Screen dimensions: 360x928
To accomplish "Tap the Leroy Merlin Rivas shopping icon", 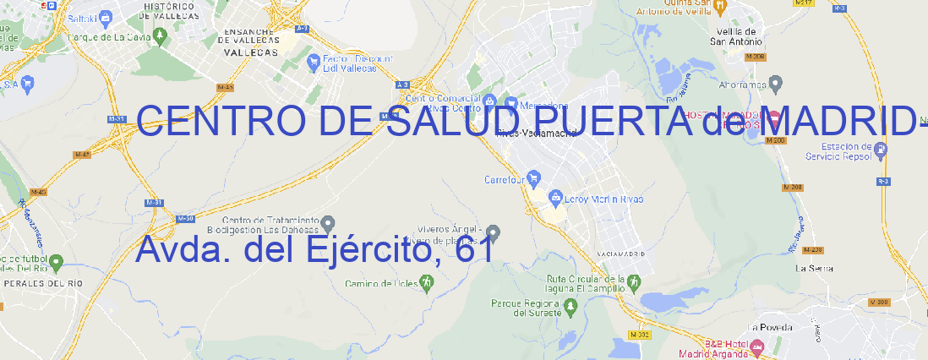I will pyautogui.click(x=555, y=199).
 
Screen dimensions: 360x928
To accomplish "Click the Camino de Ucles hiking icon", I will pyautogui.click(x=426, y=283).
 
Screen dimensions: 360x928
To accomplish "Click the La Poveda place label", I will pyautogui.click(x=770, y=327).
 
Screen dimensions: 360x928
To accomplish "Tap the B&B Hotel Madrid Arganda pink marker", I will pyautogui.click(x=756, y=346).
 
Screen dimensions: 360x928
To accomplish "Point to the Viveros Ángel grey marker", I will pyautogui.click(x=494, y=232).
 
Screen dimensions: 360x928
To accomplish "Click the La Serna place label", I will pyautogui.click(x=815, y=268).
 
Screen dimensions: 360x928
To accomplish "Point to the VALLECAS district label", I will pyautogui.click(x=250, y=52).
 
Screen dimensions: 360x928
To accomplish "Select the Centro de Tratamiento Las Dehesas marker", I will pyautogui.click(x=328, y=222).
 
